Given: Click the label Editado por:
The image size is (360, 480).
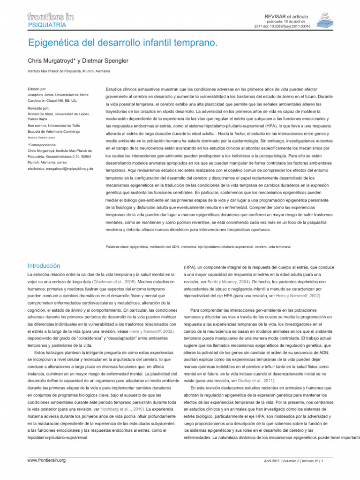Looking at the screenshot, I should [37, 89].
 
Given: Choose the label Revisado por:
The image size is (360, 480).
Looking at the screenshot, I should [39, 108].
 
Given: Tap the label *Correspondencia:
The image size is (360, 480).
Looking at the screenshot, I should [45, 145].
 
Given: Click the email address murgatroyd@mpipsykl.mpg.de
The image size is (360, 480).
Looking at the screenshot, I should [67, 168].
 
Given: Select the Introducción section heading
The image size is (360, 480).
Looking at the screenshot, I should [44, 265].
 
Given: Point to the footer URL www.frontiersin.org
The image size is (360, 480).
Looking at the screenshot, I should [47, 460].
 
